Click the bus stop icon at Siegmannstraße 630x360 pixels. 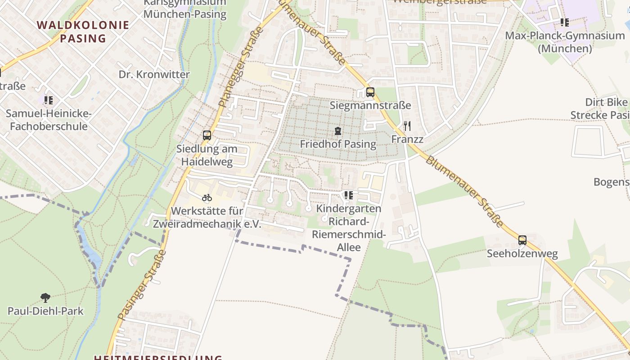(x=370, y=92)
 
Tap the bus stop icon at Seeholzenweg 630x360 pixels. (x=522, y=240)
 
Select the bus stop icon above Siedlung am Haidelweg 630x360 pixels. (x=207, y=135)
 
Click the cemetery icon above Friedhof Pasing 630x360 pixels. (x=337, y=131)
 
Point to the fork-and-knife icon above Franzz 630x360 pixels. (x=407, y=126)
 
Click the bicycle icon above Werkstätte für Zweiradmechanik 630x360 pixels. (x=207, y=198)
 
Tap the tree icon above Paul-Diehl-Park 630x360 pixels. (x=45, y=297)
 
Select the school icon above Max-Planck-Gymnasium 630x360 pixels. (x=564, y=22)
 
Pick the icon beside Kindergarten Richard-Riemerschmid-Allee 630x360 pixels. (x=348, y=195)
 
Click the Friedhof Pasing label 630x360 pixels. (x=338, y=144)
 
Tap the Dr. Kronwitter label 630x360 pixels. (x=154, y=74)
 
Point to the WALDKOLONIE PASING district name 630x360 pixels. (x=83, y=31)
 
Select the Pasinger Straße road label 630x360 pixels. (x=142, y=284)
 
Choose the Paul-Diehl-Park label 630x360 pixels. (x=45, y=310)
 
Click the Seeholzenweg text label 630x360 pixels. (x=522, y=254)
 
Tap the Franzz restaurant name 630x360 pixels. (x=407, y=139)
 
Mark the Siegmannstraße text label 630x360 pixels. (x=370, y=105)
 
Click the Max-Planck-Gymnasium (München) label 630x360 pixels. (x=565, y=42)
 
